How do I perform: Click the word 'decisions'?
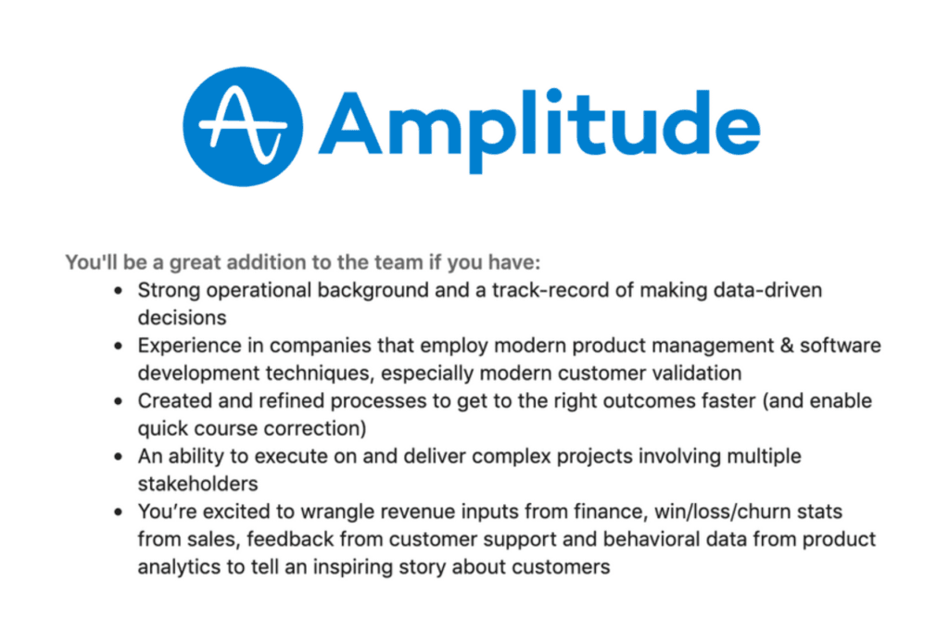point(183,317)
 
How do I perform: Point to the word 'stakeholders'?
point(197,484)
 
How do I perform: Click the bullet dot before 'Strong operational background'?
point(119,291)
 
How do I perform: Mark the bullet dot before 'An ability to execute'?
point(119,458)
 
